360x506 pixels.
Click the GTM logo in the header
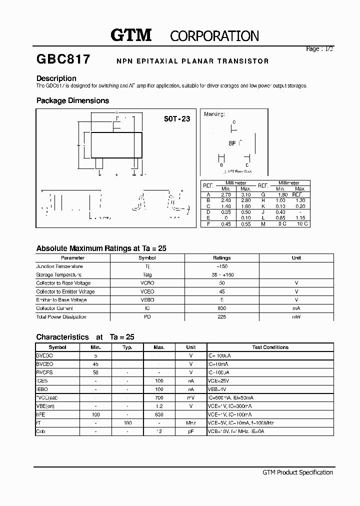point(131,35)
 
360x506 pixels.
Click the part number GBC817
point(63,59)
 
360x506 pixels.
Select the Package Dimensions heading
point(72,100)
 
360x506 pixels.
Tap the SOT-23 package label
point(177,119)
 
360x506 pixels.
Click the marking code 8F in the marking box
point(232,143)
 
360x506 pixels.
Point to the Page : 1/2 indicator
point(319,49)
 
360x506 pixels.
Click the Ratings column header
point(221,258)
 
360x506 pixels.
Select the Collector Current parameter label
point(54,308)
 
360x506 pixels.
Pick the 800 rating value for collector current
point(221,308)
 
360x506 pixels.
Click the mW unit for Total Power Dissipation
point(296,317)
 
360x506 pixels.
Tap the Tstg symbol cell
point(147,275)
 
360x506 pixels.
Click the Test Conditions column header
point(270,347)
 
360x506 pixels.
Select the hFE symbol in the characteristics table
point(40,414)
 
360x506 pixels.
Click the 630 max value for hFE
point(159,414)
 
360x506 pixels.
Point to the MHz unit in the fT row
point(190,423)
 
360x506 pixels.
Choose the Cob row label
point(40,431)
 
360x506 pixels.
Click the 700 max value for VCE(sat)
point(159,397)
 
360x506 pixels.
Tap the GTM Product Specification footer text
point(297,472)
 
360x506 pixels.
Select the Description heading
point(56,78)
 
